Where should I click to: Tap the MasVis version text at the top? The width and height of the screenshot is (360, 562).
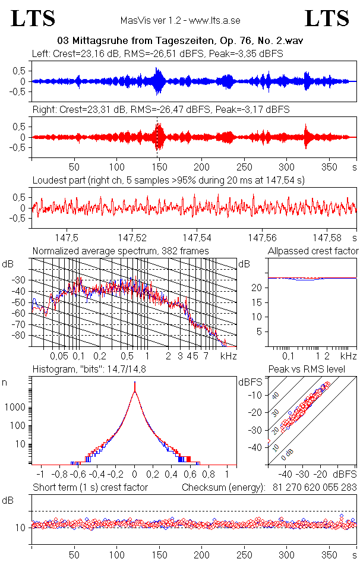180,21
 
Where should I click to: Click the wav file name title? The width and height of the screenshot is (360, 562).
179,41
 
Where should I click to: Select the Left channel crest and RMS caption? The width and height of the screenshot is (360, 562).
157,53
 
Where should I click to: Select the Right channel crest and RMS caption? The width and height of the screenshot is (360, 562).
161,109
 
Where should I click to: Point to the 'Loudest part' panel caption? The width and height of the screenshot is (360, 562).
168,180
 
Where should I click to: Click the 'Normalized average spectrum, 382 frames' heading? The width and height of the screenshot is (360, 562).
121,251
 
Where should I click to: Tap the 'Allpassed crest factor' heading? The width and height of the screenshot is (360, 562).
313,251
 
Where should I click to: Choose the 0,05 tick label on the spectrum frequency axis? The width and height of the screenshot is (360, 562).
59,356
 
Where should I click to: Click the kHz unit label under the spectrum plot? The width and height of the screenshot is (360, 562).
229,356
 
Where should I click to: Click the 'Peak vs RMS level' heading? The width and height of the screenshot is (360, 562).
315,370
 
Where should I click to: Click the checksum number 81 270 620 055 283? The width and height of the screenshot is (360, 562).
311,488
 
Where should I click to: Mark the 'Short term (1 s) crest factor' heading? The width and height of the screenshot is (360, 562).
90,488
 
